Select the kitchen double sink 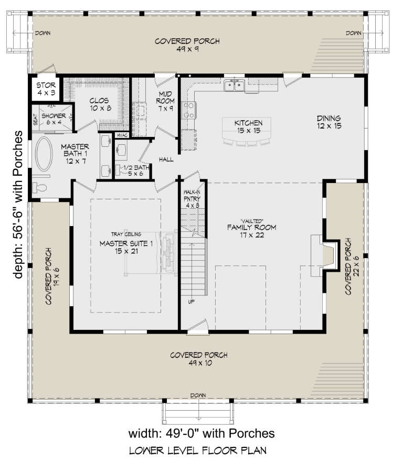coord(234,85)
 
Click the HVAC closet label coord(122,135)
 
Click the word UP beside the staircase coord(192,302)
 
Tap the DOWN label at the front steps coord(198,395)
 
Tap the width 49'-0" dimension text coord(201,433)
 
